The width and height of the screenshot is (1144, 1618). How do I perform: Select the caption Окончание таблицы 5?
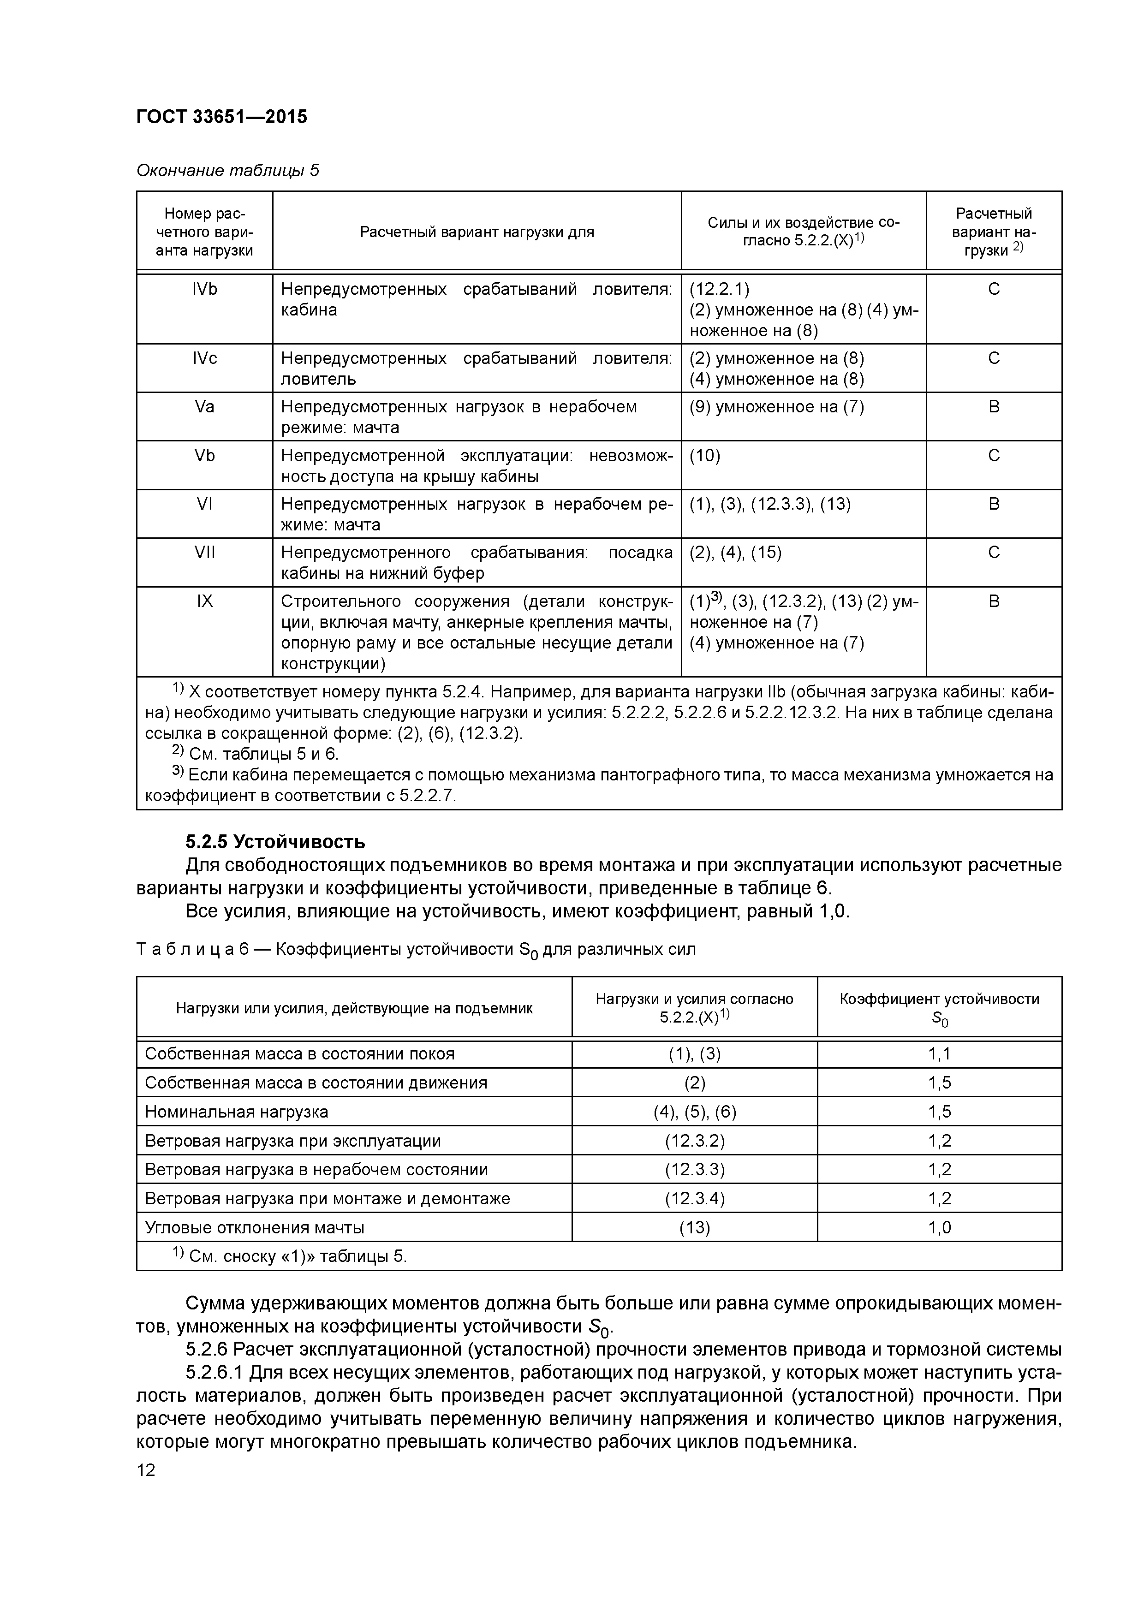coord(227,171)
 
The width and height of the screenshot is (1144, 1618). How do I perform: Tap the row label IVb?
coord(204,289)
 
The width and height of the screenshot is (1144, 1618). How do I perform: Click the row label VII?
coord(204,552)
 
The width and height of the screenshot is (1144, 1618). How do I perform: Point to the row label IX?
coord(204,601)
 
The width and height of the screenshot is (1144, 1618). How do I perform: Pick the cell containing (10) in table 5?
coord(704,455)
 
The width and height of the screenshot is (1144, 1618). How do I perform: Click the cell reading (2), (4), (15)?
coord(735,552)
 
